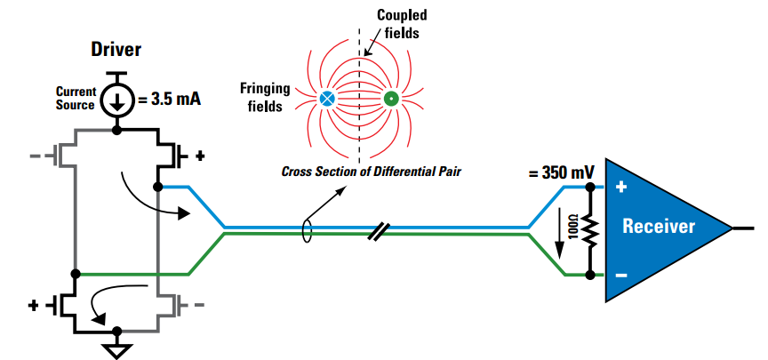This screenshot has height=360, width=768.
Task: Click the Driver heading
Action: pyautogui.click(x=116, y=48)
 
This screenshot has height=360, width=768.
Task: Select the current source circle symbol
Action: pyautogui.click(x=116, y=100)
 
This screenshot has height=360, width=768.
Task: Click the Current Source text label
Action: pyautogui.click(x=76, y=98)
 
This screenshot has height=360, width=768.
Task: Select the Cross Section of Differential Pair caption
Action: pyautogui.click(x=377, y=172)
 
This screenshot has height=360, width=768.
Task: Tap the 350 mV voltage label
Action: pyautogui.click(x=560, y=172)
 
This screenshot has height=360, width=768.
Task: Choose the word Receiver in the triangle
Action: pyautogui.click(x=658, y=226)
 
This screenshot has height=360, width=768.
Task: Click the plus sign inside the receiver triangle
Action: pyautogui.click(x=620, y=188)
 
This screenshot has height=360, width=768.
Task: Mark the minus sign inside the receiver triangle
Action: pyautogui.click(x=620, y=276)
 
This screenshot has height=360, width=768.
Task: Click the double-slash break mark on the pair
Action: pyautogui.click(x=378, y=231)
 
